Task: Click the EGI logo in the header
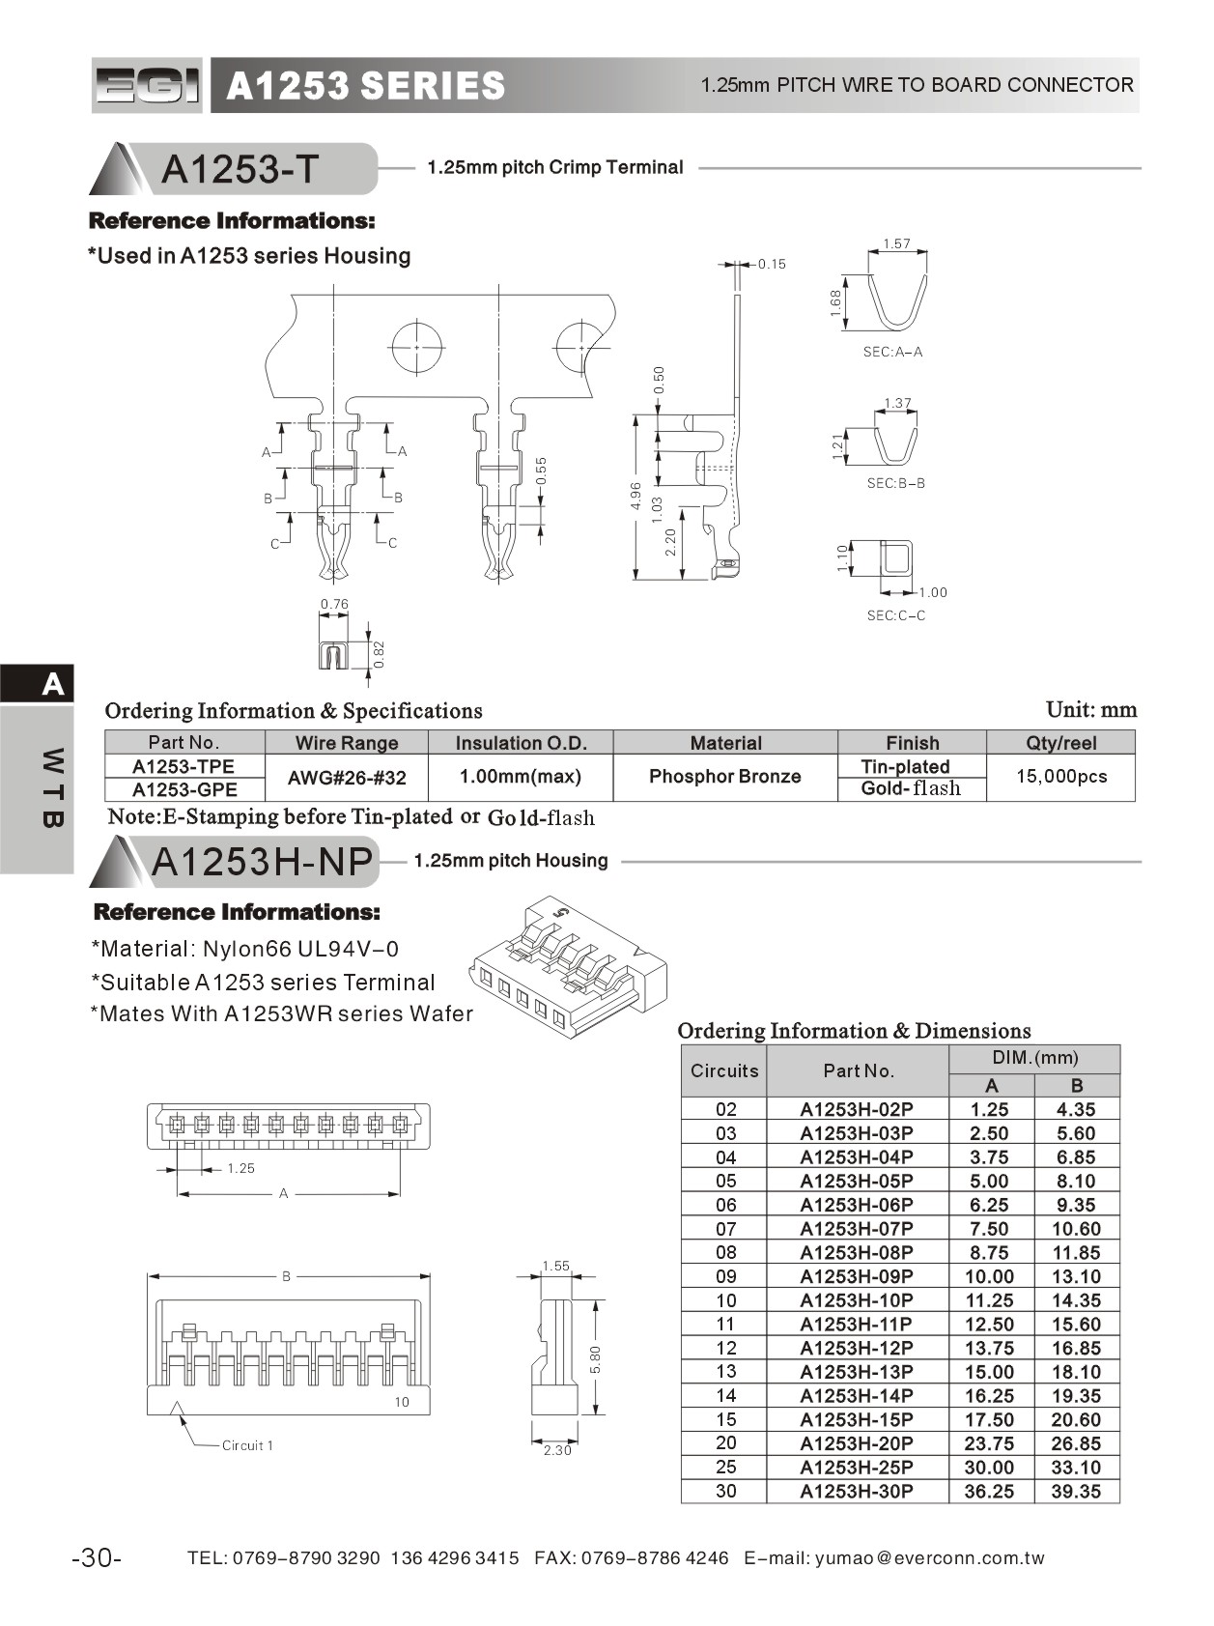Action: [x=147, y=85]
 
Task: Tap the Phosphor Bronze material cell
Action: [x=724, y=777]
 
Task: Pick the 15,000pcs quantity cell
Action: [x=1060, y=777]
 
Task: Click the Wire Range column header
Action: [x=347, y=743]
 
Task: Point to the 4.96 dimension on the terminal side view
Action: [x=635, y=497]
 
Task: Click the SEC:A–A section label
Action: [x=892, y=353]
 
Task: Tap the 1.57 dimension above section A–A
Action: [x=896, y=244]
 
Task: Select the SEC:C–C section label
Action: [x=895, y=615]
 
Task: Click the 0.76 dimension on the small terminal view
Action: [x=334, y=605]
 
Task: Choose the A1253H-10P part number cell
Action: [x=856, y=1300]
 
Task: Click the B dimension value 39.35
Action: [x=1076, y=1492]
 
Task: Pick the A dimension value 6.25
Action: [x=989, y=1205]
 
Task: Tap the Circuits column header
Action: [x=724, y=1070]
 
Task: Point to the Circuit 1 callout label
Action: [x=247, y=1445]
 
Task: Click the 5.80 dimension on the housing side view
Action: [x=596, y=1359]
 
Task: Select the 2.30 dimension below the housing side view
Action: [x=557, y=1450]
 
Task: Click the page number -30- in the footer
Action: [x=97, y=1557]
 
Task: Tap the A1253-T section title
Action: [x=240, y=169]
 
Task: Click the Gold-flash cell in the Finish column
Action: [x=911, y=788]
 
